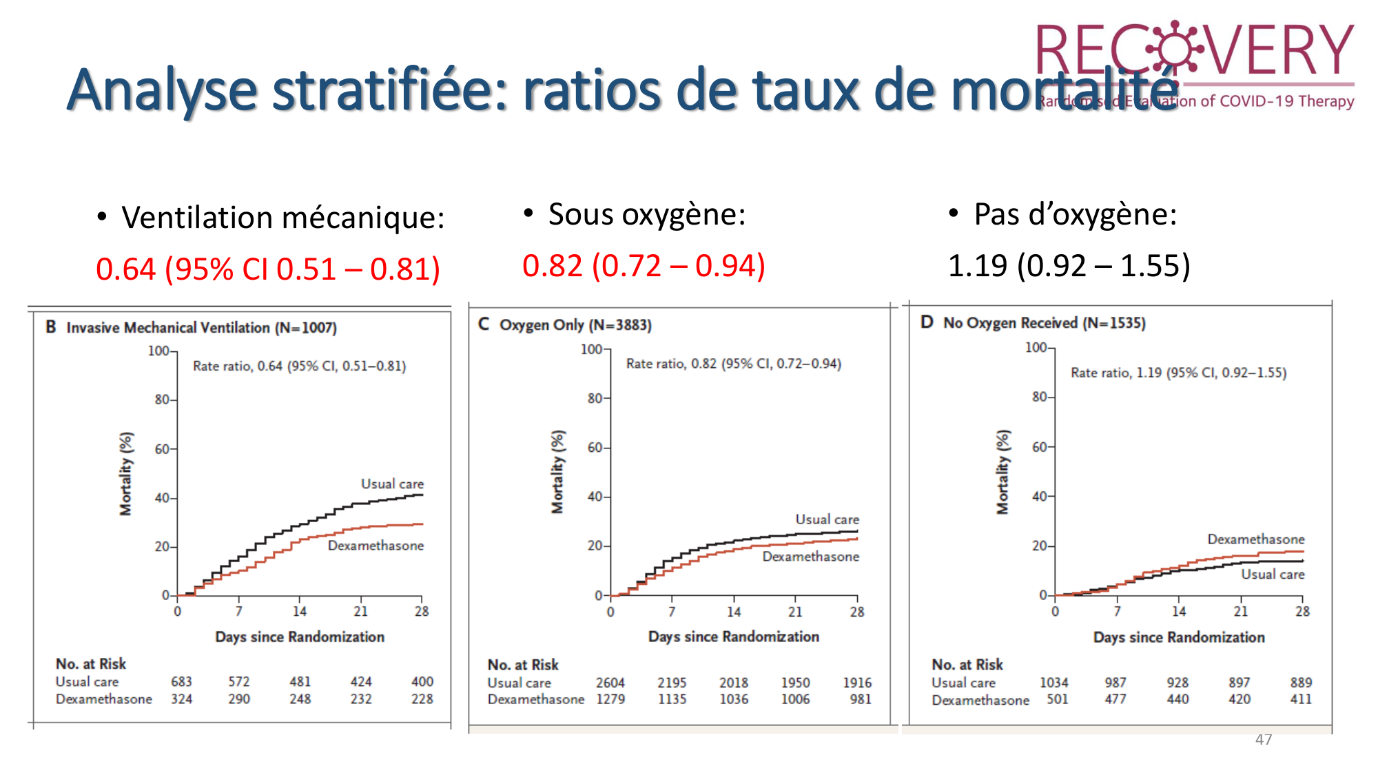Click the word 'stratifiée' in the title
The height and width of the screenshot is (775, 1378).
[x=390, y=90]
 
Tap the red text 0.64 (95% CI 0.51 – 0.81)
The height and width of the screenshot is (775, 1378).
[x=267, y=269]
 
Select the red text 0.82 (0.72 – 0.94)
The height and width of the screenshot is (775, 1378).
[x=644, y=266]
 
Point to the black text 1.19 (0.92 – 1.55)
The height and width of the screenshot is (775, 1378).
[x=1069, y=266]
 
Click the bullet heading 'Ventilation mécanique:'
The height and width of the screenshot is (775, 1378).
[x=282, y=218]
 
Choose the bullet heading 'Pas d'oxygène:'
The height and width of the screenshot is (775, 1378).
[x=1075, y=214]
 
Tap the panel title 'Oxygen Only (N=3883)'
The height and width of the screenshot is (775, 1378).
[x=575, y=325]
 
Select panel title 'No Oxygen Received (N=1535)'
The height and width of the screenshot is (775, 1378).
[x=1044, y=323]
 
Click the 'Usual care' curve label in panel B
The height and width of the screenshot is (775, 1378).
[x=392, y=484]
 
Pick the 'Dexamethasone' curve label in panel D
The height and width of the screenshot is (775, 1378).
[x=1255, y=539]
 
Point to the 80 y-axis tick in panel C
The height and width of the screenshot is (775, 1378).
[x=595, y=398]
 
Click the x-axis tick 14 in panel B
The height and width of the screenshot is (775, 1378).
[x=300, y=611]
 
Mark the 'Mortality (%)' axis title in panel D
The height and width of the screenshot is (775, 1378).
[x=1003, y=472]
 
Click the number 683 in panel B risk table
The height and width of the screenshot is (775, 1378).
[x=181, y=681]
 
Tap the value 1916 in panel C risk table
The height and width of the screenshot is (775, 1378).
[x=857, y=683]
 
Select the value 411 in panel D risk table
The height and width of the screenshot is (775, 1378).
[x=1301, y=699]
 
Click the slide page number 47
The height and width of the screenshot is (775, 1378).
[x=1264, y=739]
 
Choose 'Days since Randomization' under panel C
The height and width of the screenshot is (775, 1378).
[x=733, y=637]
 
